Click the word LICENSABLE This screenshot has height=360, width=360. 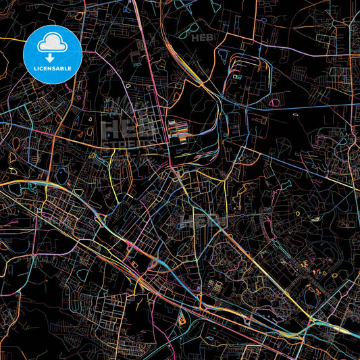tap(53, 68)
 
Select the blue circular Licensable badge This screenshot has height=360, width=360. tap(53, 54)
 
